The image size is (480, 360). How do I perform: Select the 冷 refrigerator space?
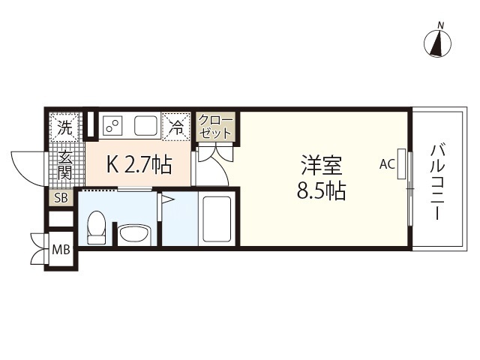[175, 126]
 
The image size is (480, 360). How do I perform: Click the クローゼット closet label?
[216, 127]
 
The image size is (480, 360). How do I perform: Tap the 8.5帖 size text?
[320, 190]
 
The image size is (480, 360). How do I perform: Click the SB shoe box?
[61, 198]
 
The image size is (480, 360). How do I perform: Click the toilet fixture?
[96, 227]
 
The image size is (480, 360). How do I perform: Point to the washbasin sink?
[135, 235]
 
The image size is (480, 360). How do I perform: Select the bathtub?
[216, 218]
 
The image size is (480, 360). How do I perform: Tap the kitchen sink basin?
[146, 125]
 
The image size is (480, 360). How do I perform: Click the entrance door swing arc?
[25, 166]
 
